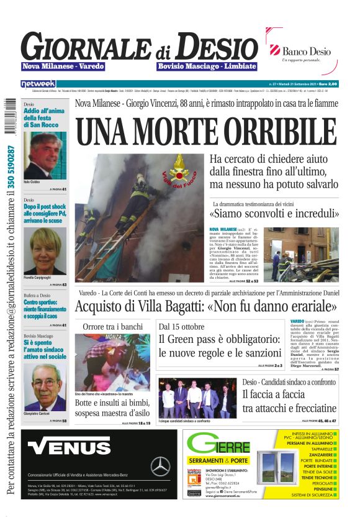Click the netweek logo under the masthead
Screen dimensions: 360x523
pyautogui.click(x=38, y=83)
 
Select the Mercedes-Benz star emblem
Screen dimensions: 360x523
pyautogui.click(x=160, y=465)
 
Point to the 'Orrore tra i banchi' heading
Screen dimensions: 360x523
pyautogui.click(x=112, y=327)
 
